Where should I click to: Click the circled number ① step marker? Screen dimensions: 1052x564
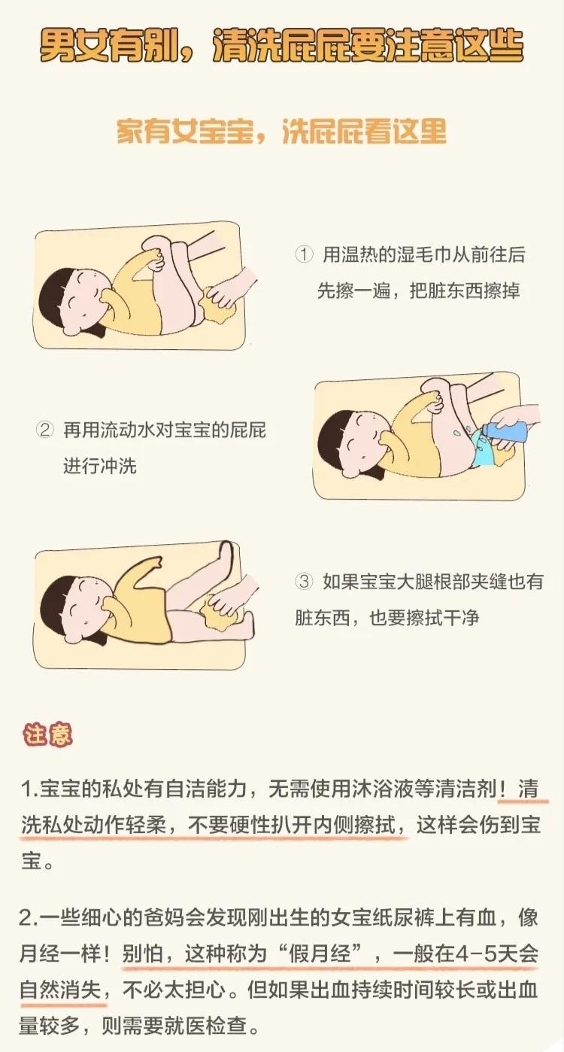click(304, 254)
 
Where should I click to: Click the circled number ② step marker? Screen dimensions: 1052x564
click(45, 430)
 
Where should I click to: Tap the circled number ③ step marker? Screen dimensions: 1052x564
click(304, 582)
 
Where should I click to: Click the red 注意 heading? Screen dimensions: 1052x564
click(48, 734)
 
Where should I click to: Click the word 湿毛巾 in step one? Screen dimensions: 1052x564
click(402, 254)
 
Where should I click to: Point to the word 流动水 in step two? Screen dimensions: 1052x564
click(128, 430)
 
